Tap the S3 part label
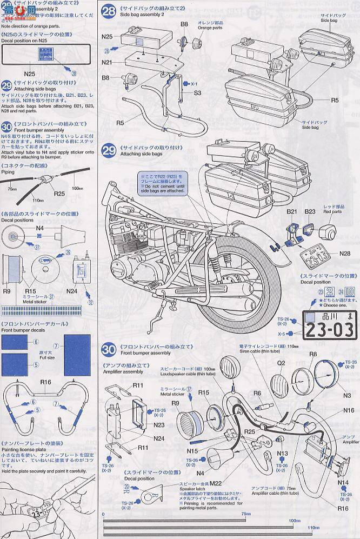pos(198,94)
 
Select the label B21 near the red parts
pos(292,211)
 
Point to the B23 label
pos(310,211)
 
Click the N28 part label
pos(345,253)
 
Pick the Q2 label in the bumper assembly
pos(282,363)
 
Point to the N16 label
pos(349,410)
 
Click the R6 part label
pos(257,394)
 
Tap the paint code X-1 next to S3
pos(194,84)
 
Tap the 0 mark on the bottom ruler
pos(103,514)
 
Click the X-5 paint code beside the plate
pos(283,334)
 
